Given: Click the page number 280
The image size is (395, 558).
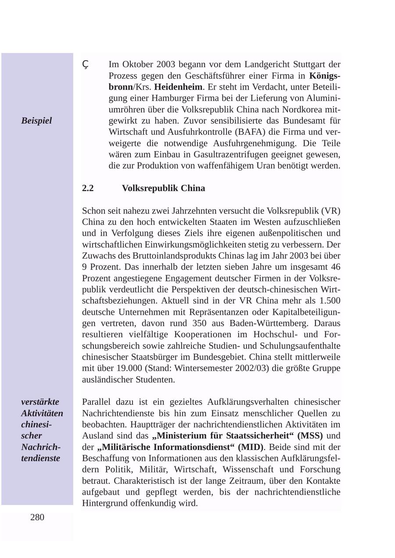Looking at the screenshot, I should pos(37,517).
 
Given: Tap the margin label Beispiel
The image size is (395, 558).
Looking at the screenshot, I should pos(36,121).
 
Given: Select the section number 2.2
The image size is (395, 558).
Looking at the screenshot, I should pos(88,188).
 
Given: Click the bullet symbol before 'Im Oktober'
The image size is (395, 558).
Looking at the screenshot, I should pos(86,65).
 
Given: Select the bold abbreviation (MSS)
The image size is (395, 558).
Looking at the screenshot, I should pos(310,436).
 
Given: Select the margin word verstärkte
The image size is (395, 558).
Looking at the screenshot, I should pos(40,402).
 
